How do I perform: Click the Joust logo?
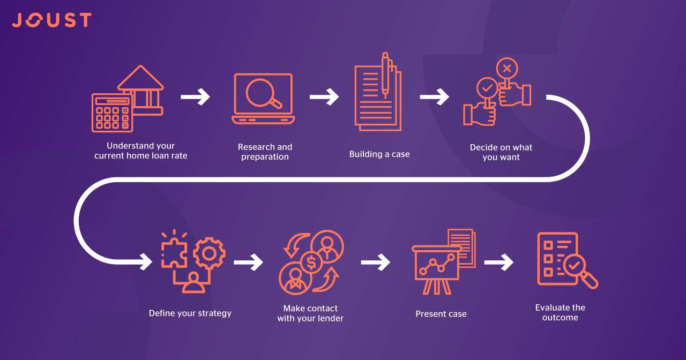[x=51, y=20]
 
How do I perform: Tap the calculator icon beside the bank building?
[x=111, y=113]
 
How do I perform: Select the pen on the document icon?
[x=385, y=75]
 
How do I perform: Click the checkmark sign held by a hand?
[x=487, y=87]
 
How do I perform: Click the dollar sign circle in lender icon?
[x=311, y=263]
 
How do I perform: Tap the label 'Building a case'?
[x=379, y=154]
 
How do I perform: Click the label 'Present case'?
[x=441, y=314]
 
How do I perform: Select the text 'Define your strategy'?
[x=190, y=313]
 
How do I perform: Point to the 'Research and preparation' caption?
[x=265, y=152]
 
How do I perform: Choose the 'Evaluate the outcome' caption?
[x=560, y=312]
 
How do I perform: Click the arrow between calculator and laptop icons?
[x=195, y=97]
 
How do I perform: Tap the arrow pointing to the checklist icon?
[x=499, y=262]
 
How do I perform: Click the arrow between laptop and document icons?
[x=324, y=97]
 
